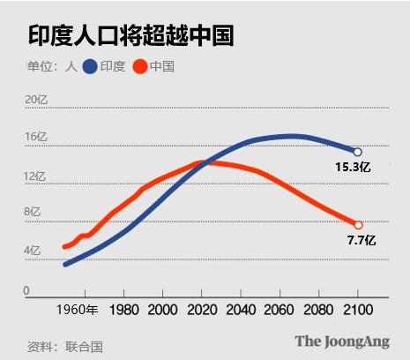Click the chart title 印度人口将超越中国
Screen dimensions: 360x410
point(130,35)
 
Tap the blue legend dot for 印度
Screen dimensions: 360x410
point(90,67)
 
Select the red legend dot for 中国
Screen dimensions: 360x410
point(139,67)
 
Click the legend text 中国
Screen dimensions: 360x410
point(161,67)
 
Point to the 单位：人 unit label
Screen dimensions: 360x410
point(51,67)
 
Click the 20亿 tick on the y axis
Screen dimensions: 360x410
point(35,99)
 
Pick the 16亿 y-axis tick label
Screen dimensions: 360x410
point(35,138)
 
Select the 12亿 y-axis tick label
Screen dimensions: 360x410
point(35,176)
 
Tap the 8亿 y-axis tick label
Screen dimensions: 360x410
point(32,213)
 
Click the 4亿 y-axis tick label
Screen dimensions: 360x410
point(32,251)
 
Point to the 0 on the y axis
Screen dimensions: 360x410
point(26,290)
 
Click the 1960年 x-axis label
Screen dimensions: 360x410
point(78,310)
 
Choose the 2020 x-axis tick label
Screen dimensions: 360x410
point(202,310)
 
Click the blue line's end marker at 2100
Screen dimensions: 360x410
point(357,152)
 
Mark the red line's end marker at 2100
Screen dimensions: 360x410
point(358,225)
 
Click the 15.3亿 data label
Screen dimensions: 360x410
point(353,167)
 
